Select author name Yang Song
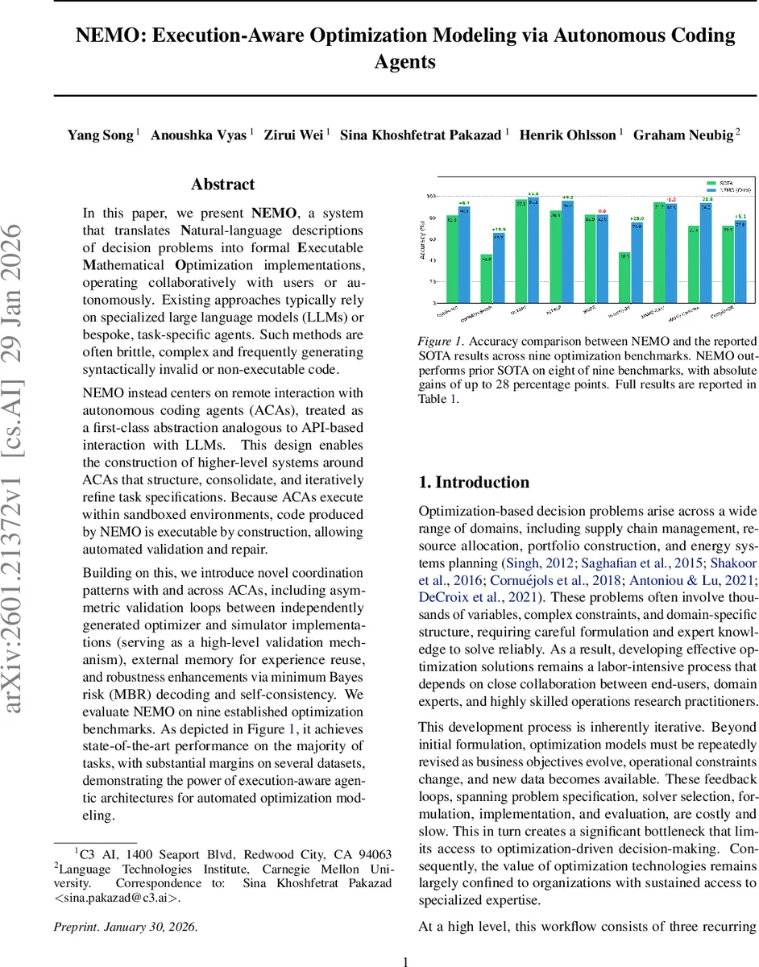100,135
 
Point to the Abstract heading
223,185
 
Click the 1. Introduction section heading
474,483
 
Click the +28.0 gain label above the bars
637,218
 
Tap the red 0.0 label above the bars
602,211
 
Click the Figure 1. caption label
439,342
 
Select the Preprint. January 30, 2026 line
126,927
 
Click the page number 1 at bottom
406,961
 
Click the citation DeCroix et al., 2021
479,597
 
